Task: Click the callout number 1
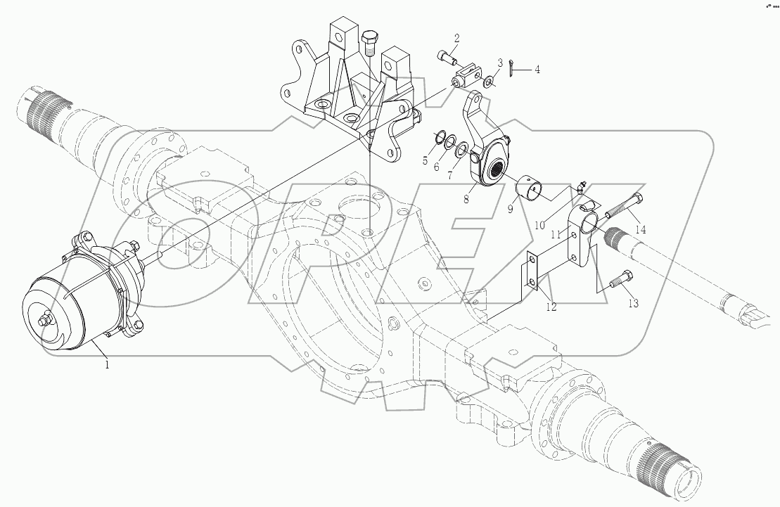108,365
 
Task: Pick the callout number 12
550,307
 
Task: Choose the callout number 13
634,303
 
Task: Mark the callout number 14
640,229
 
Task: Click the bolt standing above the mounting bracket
369,45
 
